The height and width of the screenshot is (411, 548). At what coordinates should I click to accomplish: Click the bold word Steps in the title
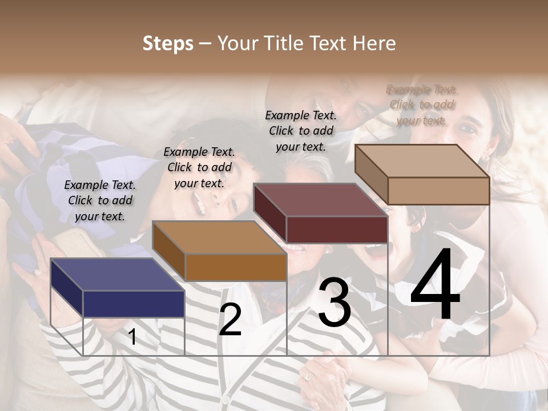coord(168,43)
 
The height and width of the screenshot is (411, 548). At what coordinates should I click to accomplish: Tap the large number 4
coord(436,285)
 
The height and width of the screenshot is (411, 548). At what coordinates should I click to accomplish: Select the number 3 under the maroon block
coord(335,303)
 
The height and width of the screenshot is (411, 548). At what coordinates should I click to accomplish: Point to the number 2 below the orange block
coord(230,320)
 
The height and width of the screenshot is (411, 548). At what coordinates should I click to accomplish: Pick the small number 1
coord(132,337)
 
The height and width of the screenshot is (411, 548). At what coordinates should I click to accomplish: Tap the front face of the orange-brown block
coord(236,267)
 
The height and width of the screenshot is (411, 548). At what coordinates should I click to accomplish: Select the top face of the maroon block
coord(320,200)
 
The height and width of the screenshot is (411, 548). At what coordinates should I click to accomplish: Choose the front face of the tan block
coord(438,191)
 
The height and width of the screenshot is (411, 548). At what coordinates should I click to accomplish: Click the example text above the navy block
coord(100,200)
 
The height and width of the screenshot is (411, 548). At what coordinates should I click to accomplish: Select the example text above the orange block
coord(199,167)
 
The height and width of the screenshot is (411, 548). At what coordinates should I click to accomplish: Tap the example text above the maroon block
coord(301,131)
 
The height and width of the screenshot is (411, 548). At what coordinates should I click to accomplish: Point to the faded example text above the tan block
coord(422,104)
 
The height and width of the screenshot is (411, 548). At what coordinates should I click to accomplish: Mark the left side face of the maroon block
coord(269,212)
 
